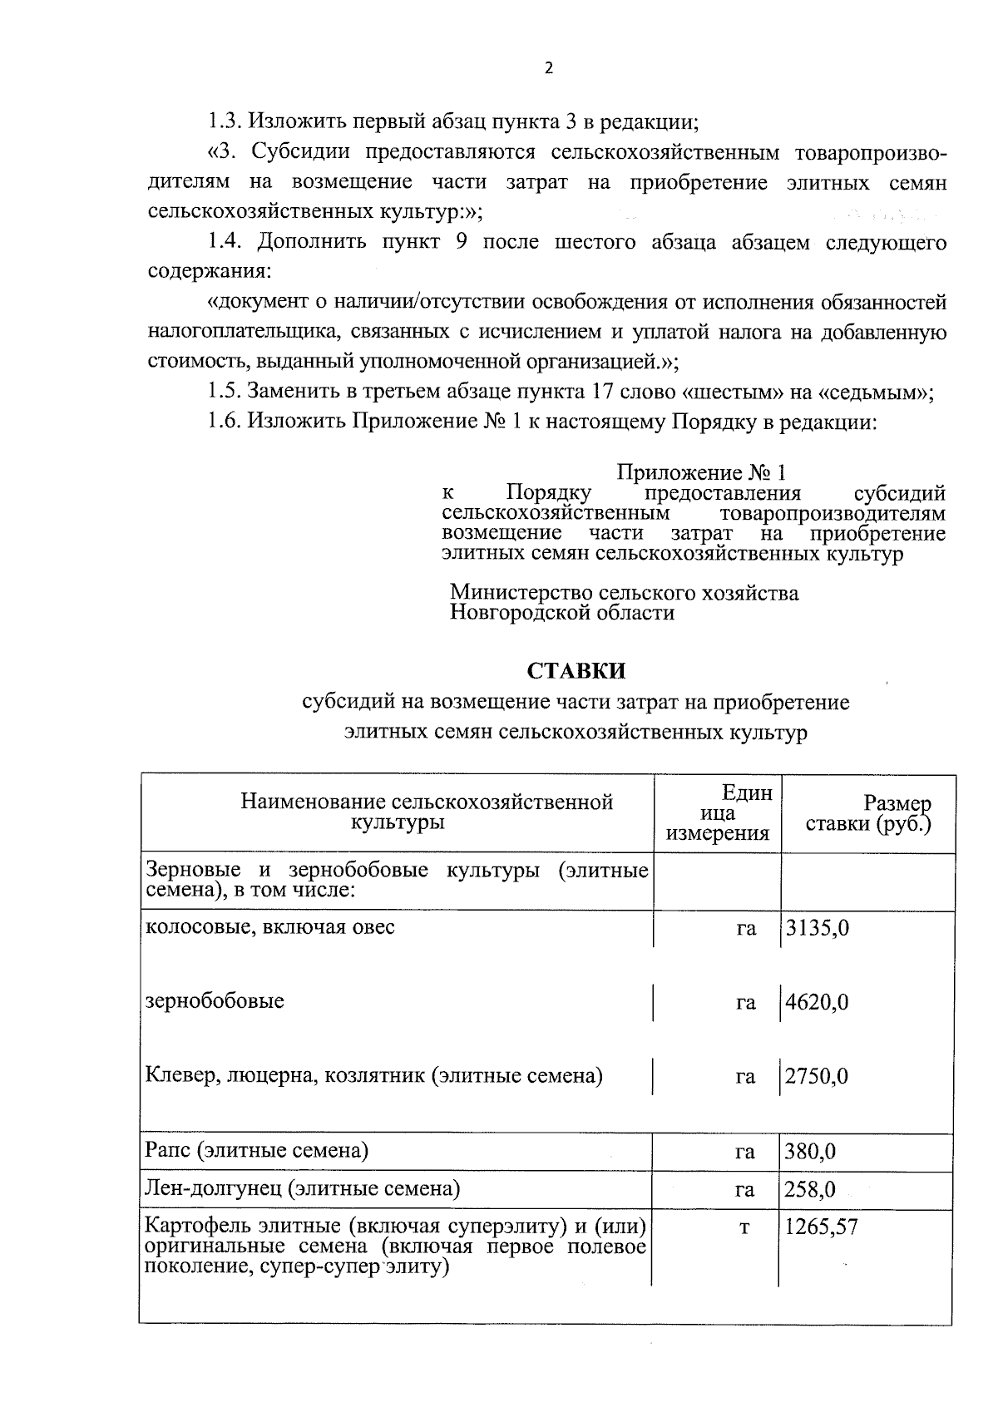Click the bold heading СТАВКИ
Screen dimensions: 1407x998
pyautogui.click(x=576, y=670)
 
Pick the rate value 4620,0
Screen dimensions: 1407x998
pyautogui.click(x=818, y=1002)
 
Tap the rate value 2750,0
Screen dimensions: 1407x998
pyautogui.click(x=818, y=1077)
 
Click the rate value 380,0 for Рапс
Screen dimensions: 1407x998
pyautogui.click(x=811, y=1153)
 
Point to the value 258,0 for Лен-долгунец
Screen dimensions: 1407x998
pyautogui.click(x=811, y=1190)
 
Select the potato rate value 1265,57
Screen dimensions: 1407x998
pyautogui.click(x=822, y=1227)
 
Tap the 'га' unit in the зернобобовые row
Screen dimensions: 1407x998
pyautogui.click(x=745, y=1003)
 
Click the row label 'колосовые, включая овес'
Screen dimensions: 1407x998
pyautogui.click(x=270, y=926)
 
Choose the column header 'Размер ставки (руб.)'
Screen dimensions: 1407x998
pyautogui.click(x=869, y=814)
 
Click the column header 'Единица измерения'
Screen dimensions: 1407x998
pyautogui.click(x=718, y=813)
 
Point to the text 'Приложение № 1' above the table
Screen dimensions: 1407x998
pyautogui.click(x=700, y=473)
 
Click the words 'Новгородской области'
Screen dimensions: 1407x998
pyautogui.click(x=562, y=614)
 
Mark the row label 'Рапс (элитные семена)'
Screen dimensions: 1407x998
pyautogui.click(x=257, y=1151)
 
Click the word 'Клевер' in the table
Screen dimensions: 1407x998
pyautogui.click(x=177, y=1076)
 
